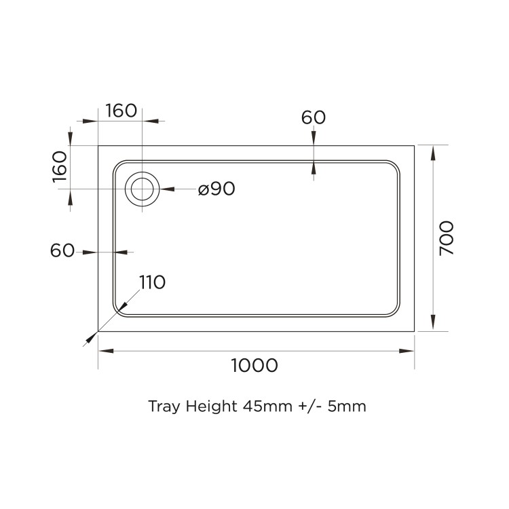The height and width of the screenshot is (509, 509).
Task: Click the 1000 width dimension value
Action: point(254,365)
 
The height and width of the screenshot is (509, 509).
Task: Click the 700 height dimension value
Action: point(447,238)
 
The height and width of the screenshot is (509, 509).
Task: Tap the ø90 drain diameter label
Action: point(216,189)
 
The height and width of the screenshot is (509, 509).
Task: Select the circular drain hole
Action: point(143,189)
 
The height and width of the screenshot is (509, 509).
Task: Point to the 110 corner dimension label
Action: point(152,282)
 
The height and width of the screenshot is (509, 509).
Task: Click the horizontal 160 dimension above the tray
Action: point(121,111)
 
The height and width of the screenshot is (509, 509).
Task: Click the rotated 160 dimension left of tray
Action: point(60,166)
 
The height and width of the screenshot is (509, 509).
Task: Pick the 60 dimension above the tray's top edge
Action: point(314,117)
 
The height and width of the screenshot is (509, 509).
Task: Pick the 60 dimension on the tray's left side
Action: point(62,250)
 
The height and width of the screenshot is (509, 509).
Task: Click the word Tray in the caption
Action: point(162,407)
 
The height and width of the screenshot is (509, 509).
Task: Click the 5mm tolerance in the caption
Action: point(349,407)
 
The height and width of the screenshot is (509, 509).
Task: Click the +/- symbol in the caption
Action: point(311,407)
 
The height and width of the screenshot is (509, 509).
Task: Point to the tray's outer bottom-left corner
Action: point(99,331)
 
